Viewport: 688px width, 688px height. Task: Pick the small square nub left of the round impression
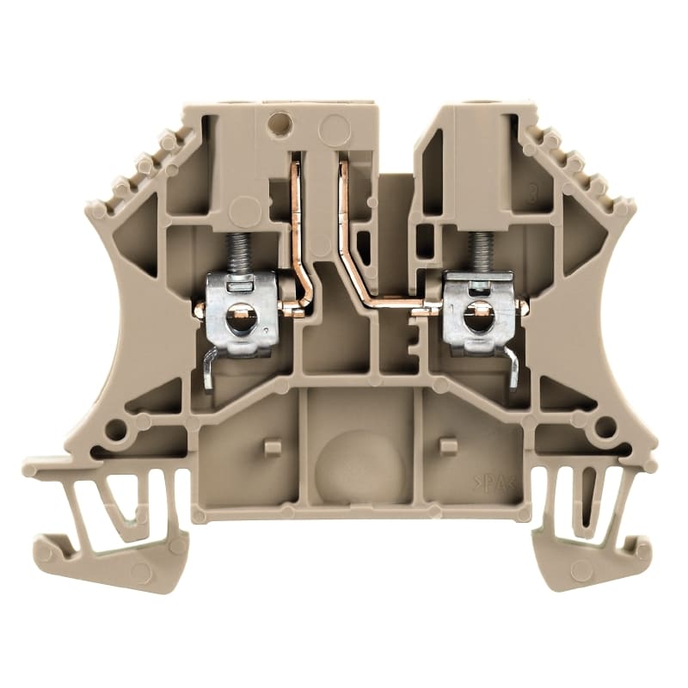[x=272, y=446]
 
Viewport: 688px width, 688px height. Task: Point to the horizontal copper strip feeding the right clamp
[x=396, y=304]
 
